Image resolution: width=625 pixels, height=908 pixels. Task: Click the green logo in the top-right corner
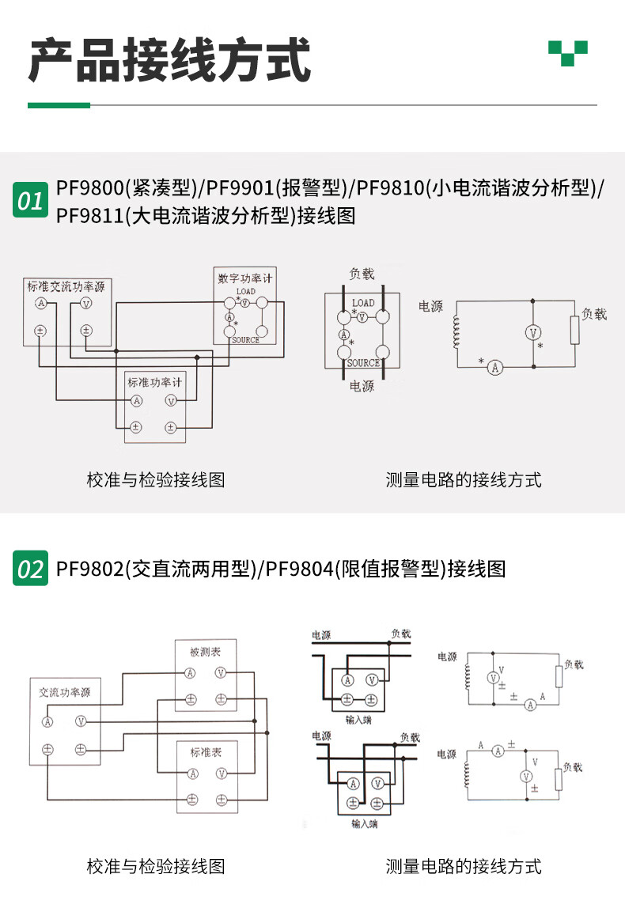(568, 52)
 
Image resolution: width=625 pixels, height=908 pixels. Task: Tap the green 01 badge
(31, 200)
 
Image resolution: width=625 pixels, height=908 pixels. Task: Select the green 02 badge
(31, 568)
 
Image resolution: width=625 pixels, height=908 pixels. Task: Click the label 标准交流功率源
(66, 286)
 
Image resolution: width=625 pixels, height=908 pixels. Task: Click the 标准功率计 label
(155, 381)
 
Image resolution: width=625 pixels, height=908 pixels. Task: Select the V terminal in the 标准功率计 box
(170, 401)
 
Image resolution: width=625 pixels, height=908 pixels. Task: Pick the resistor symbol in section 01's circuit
(574, 331)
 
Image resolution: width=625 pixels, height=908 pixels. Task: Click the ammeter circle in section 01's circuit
(494, 367)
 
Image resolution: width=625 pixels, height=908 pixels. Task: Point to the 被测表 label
(205, 653)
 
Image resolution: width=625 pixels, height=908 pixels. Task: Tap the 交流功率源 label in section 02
(65, 692)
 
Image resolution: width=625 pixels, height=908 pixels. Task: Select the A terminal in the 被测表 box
(190, 673)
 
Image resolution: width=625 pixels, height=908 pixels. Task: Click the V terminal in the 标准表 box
(221, 773)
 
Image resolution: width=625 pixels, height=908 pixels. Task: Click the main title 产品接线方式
(169, 60)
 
